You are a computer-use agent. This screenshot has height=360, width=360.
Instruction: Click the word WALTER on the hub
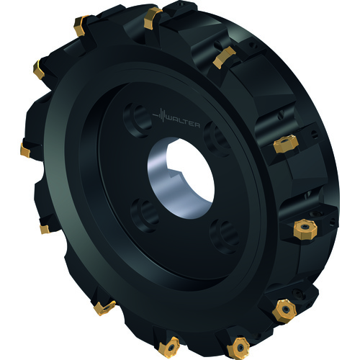coord(183,122)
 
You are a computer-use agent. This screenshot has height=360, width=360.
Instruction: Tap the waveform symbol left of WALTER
coord(159,115)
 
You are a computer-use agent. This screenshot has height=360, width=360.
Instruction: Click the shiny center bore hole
coord(181,178)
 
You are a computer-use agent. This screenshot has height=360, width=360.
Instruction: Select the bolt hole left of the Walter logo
coord(138,120)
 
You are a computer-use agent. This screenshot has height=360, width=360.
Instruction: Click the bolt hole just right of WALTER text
coord(217,139)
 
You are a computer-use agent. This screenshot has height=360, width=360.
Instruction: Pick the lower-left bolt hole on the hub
coord(145,215)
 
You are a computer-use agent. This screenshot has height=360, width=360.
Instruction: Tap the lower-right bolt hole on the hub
coord(225,236)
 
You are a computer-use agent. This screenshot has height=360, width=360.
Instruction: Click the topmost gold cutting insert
coord(153,19)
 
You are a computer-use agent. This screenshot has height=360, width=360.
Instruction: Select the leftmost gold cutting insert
coord(25,150)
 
